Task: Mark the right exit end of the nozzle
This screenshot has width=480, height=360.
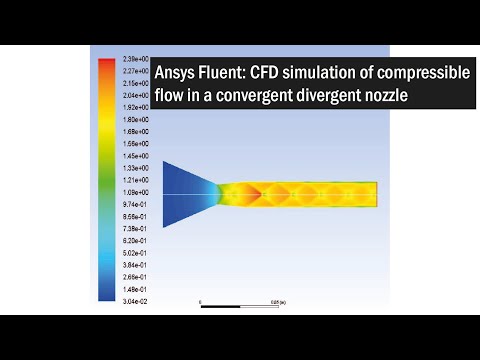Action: (375, 194)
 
